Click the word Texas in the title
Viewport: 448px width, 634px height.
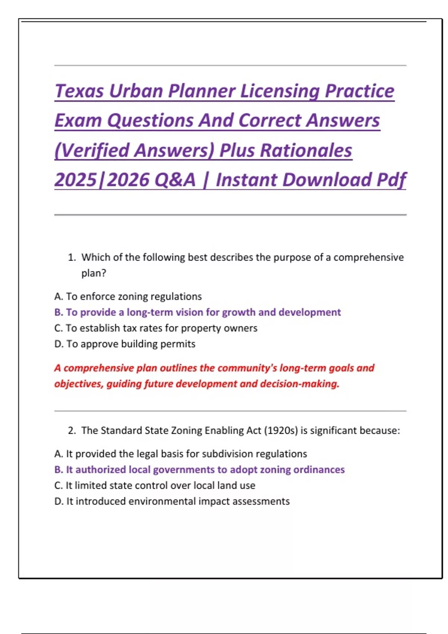click(79, 91)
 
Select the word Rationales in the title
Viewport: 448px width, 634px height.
click(306, 150)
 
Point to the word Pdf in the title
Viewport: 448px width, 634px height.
click(391, 180)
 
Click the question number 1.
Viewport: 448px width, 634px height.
click(72, 257)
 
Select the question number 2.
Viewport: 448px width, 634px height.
click(72, 430)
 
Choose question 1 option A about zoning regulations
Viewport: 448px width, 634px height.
click(128, 296)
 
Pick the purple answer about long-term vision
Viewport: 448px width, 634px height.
click(197, 312)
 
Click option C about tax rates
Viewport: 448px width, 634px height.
click(156, 328)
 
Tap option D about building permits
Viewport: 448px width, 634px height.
click(125, 344)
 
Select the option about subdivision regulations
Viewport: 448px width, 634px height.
click(180, 454)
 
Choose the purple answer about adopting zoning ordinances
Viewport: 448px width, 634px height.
click(199, 470)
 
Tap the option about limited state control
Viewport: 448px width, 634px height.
click(155, 486)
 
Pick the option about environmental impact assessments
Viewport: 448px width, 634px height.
click(172, 501)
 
